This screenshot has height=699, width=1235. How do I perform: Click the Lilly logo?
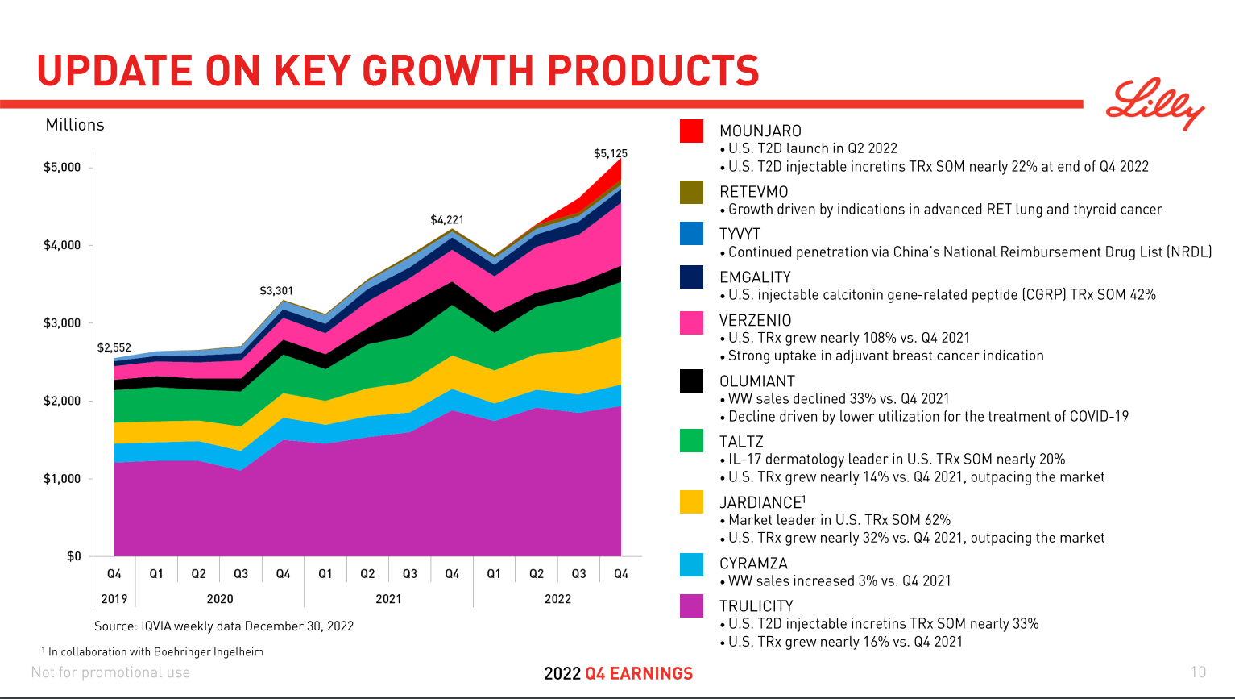pyautogui.click(x=1154, y=103)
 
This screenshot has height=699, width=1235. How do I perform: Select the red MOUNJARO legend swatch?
pyautogui.click(x=691, y=131)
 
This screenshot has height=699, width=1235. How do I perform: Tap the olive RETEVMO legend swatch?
pyautogui.click(x=691, y=192)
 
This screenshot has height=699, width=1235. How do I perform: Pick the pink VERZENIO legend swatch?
pyautogui.click(x=691, y=322)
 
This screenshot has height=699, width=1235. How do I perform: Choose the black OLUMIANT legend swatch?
pyautogui.click(x=691, y=381)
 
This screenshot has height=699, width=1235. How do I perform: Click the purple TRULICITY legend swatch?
pyautogui.click(x=691, y=605)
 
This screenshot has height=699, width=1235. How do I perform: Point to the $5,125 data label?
pyautogui.click(x=610, y=153)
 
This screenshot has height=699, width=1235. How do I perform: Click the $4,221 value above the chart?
pyautogui.click(x=446, y=219)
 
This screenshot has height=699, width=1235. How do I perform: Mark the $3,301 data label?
pyautogui.click(x=276, y=290)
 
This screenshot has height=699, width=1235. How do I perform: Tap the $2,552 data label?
pyautogui.click(x=114, y=347)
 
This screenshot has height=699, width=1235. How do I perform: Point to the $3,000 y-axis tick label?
pyautogui.click(x=62, y=323)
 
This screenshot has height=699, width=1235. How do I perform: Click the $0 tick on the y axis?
pyautogui.click(x=74, y=556)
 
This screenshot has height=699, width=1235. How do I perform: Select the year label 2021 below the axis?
pyautogui.click(x=388, y=599)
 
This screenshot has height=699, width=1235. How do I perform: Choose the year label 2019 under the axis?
pyautogui.click(x=114, y=599)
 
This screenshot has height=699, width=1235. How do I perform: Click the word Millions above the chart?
pyautogui.click(x=75, y=125)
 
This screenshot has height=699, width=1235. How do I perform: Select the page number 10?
pyautogui.click(x=1198, y=672)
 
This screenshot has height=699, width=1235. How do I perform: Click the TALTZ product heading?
pyautogui.click(x=741, y=442)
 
